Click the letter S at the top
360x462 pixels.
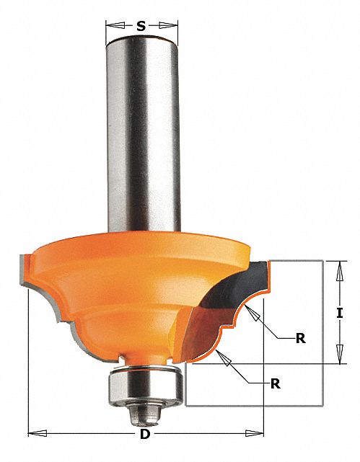141,27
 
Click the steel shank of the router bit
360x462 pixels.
141,144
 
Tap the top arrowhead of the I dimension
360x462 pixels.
338,266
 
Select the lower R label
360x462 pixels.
275,383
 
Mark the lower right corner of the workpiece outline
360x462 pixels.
322,407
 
